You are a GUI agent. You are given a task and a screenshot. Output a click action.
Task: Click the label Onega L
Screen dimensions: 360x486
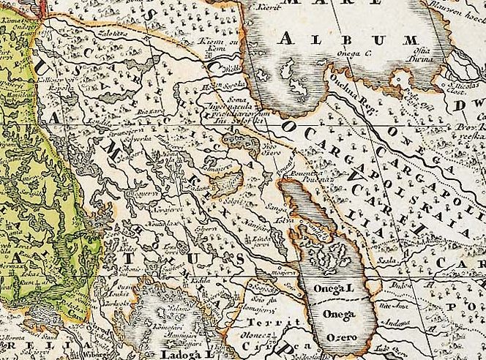(x=334, y=290)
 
